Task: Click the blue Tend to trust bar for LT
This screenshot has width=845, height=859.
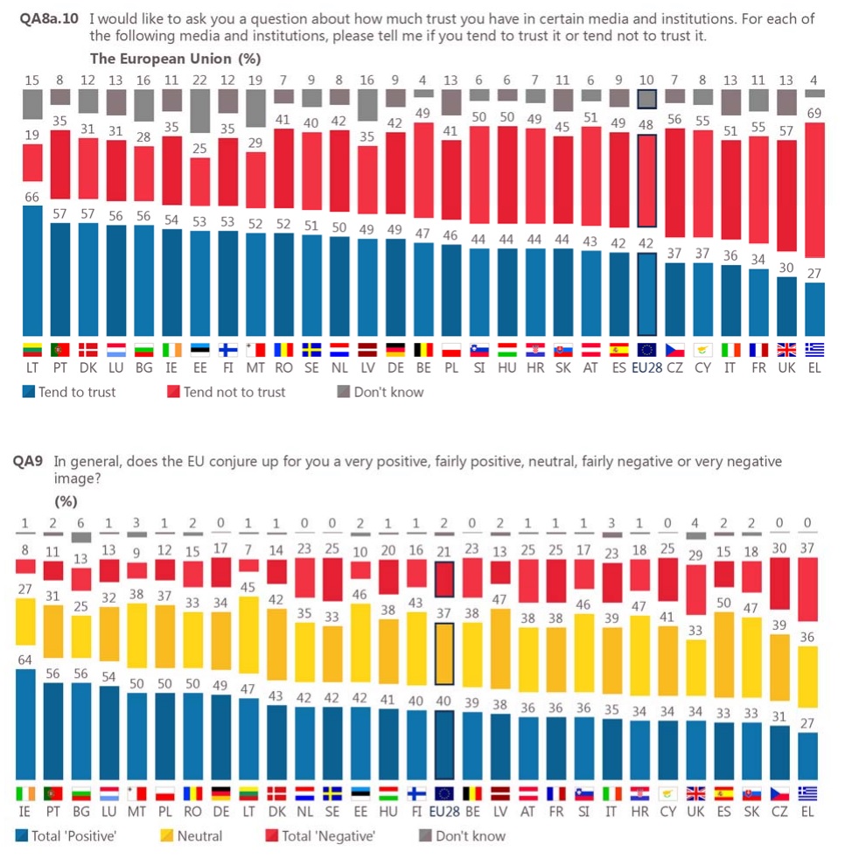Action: tap(31, 271)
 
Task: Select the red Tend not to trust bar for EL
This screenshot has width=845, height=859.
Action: tap(814, 201)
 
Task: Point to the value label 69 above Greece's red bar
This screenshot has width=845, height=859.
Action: tap(814, 114)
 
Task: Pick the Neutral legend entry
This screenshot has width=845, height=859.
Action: tap(190, 835)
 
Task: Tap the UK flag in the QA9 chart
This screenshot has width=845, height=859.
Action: tap(695, 793)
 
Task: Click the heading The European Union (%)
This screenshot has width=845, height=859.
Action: tap(176, 59)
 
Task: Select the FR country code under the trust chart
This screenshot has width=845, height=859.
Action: tap(758, 369)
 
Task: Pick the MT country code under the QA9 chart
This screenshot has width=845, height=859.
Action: tap(135, 813)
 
